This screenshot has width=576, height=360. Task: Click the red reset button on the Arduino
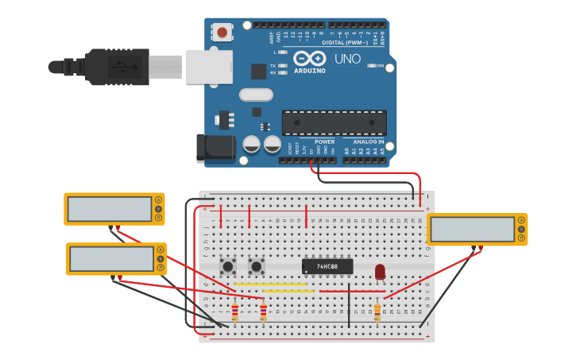point(222,33)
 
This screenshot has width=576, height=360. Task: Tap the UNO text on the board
point(347,59)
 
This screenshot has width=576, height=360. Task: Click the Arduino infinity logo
point(309,58)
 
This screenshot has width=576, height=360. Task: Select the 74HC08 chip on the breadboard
point(327,266)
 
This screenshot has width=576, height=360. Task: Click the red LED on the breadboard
point(380,272)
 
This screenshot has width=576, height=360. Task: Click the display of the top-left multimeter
point(110,209)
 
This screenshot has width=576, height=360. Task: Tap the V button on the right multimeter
point(521,229)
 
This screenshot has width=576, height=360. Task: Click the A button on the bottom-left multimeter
point(160,250)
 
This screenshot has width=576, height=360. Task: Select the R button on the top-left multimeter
point(159,218)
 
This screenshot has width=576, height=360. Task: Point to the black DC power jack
point(215,147)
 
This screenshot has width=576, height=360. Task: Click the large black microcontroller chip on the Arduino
point(334,122)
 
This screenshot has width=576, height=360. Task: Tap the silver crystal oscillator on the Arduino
point(256,95)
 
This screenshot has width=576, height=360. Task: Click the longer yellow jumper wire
point(271,284)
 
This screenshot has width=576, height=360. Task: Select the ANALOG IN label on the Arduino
point(368,141)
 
